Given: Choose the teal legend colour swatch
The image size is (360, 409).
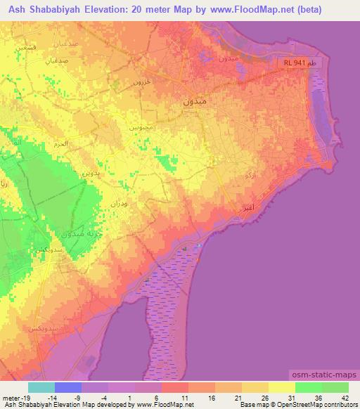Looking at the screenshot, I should click(41, 387).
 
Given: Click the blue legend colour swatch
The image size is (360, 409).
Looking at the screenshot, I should click(67, 387).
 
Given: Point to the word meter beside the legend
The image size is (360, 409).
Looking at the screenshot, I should click(10, 396).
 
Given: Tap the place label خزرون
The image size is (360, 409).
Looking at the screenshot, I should click(143, 82).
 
